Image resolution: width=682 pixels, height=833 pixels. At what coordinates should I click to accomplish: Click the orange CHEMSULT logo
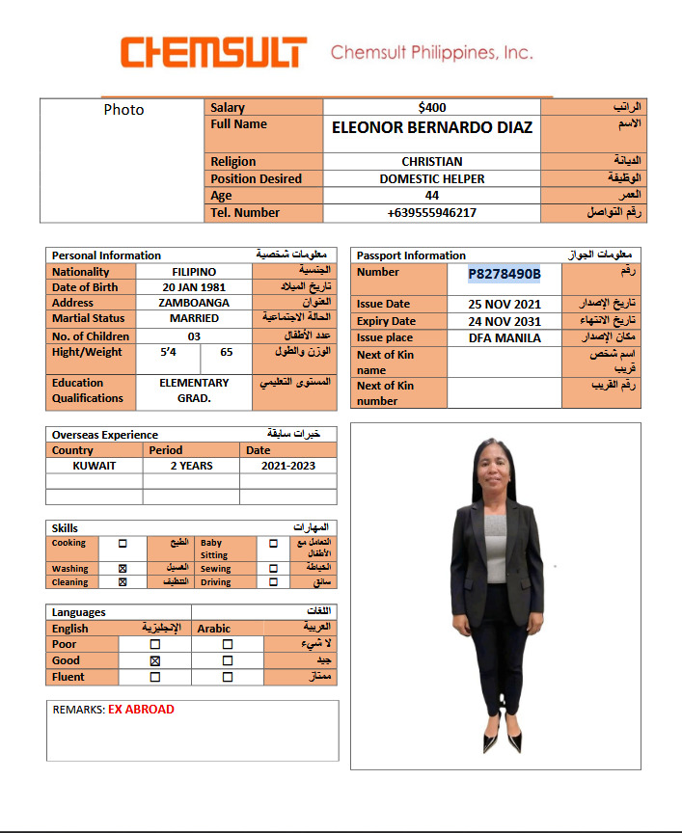(213, 52)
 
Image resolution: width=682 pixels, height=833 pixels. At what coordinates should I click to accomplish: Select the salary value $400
(432, 108)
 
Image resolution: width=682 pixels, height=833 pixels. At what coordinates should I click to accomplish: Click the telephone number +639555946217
(432, 213)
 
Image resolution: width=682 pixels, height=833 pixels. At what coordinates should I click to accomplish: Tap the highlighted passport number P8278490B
(505, 275)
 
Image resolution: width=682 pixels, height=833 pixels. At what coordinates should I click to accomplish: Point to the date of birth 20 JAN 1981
(194, 287)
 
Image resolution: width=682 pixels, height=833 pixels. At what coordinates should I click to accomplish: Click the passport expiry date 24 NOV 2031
(505, 321)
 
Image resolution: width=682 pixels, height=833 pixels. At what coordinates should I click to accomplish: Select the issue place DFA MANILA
(505, 337)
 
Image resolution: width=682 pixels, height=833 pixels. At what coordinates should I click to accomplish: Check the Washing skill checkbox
(123, 569)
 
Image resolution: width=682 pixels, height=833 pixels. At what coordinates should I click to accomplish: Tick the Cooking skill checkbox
(123, 544)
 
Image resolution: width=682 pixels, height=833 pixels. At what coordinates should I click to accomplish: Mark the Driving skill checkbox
(274, 582)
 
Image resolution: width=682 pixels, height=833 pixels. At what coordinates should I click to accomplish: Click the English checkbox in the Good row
(154, 660)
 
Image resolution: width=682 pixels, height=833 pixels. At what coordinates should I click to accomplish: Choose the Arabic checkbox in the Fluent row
(228, 677)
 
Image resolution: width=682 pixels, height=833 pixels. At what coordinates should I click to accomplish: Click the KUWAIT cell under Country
(95, 466)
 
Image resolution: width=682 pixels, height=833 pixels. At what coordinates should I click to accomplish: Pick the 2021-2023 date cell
(288, 466)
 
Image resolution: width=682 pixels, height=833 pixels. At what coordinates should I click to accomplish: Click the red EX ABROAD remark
(141, 710)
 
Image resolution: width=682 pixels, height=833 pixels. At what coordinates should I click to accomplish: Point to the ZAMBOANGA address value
(194, 303)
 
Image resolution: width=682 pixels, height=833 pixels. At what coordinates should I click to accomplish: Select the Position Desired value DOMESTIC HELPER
(432, 178)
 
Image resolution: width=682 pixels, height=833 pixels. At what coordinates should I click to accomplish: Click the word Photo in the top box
(123, 110)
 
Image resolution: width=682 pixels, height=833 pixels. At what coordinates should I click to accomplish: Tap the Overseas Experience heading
(105, 435)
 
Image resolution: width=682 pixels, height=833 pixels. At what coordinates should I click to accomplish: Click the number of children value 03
(194, 336)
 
